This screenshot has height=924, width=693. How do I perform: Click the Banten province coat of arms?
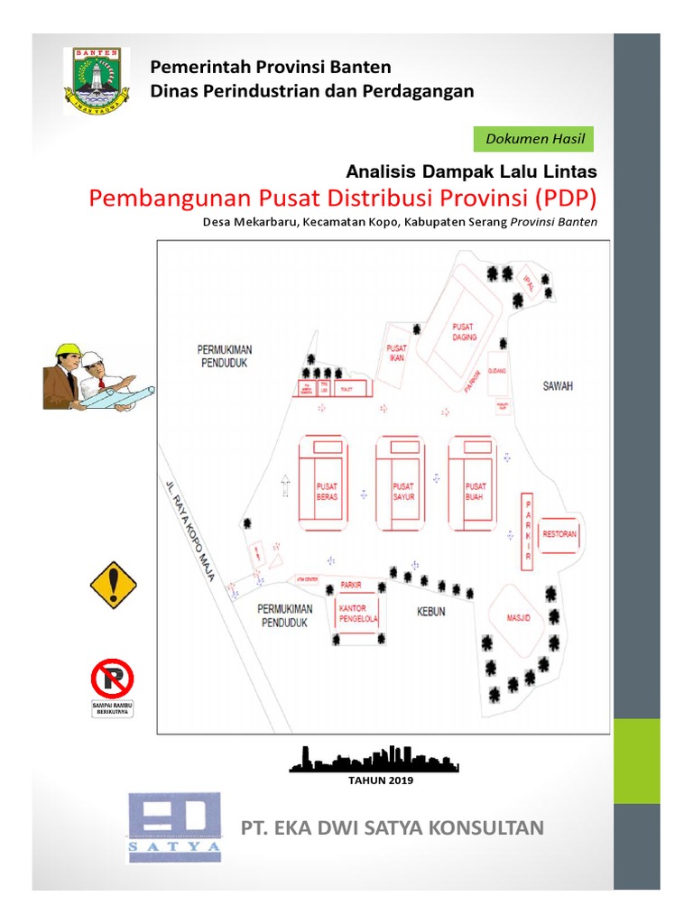(x=96, y=80)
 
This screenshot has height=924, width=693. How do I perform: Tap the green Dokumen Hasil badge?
(x=534, y=139)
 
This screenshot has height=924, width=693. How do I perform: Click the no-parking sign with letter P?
(x=112, y=679)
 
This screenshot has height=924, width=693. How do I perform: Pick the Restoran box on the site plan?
(x=559, y=534)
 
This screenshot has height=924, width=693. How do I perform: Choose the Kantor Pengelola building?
(x=358, y=614)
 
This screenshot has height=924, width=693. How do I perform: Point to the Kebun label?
(x=430, y=612)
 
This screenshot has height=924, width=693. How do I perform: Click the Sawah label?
(x=558, y=385)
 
